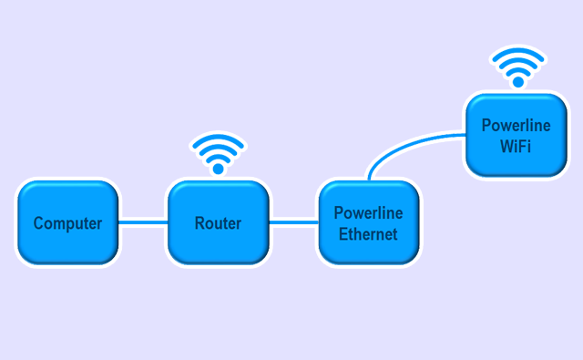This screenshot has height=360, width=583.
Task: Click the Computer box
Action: (67, 223)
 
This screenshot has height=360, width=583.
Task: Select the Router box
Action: (218, 223)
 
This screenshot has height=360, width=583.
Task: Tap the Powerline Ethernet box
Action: (369, 223)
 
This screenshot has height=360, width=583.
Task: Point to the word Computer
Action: (67, 223)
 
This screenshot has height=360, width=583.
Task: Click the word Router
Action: (218, 223)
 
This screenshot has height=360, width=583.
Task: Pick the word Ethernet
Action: (369, 233)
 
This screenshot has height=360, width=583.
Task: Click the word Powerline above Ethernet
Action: (369, 213)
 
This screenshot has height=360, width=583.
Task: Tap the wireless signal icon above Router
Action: (218, 153)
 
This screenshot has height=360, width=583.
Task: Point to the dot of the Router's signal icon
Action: (218, 168)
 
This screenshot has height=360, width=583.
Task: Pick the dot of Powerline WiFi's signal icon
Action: (517, 80)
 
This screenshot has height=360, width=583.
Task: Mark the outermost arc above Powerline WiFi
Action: (517, 50)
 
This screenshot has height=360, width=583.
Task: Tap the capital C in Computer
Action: (39, 223)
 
